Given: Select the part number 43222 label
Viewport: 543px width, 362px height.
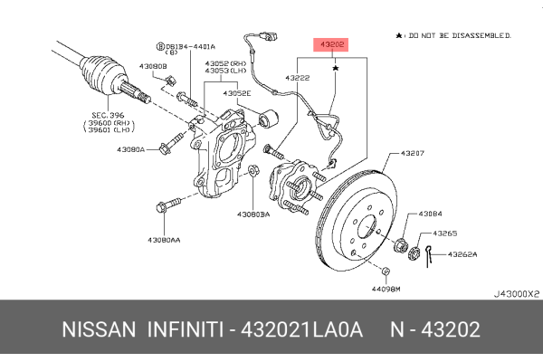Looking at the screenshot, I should coord(299,79).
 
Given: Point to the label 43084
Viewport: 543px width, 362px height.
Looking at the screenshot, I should coord(431,214).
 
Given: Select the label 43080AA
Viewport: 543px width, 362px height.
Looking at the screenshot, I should coord(164,240).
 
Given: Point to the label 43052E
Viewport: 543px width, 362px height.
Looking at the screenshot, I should coord(238,93).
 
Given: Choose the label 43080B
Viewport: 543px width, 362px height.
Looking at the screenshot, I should coord(153,66).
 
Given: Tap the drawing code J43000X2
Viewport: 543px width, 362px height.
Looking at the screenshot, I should coord(516,294).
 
